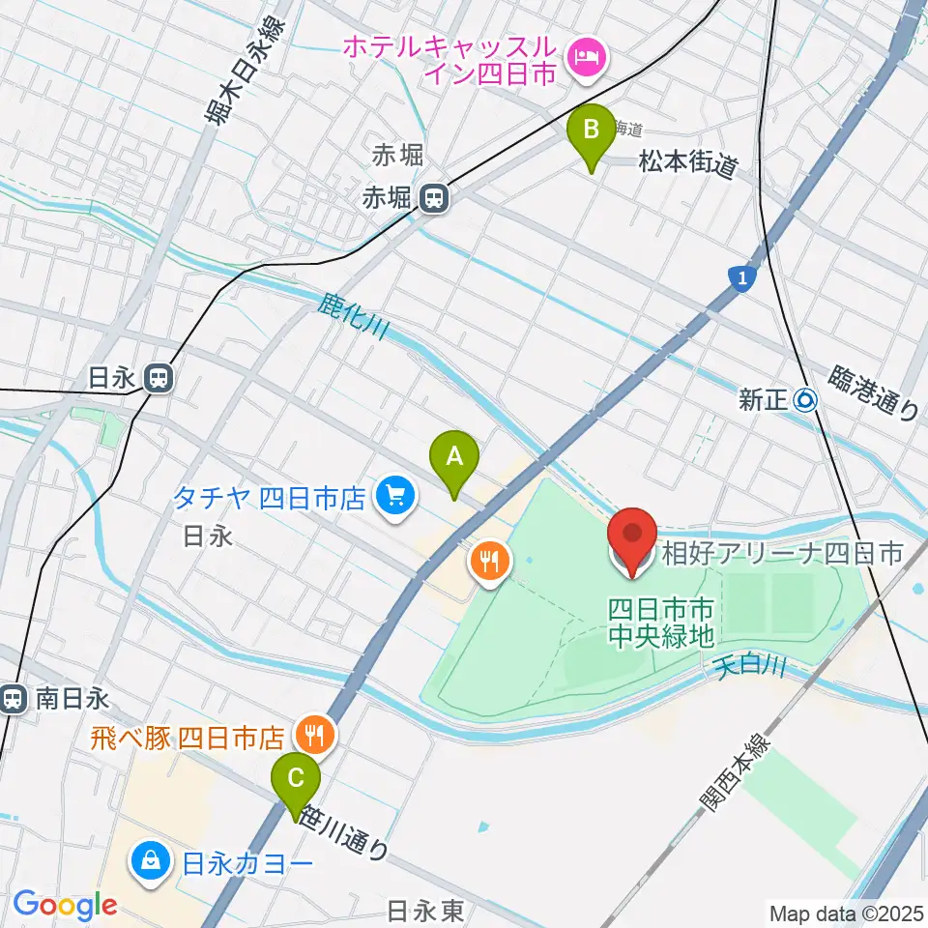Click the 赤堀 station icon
coord(434,200)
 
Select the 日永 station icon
coord(159,379)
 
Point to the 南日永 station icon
coord(14,698)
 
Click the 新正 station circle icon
coord(805,399)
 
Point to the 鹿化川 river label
coord(352,317)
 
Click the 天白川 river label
coord(751,666)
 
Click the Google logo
coord(65,905)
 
